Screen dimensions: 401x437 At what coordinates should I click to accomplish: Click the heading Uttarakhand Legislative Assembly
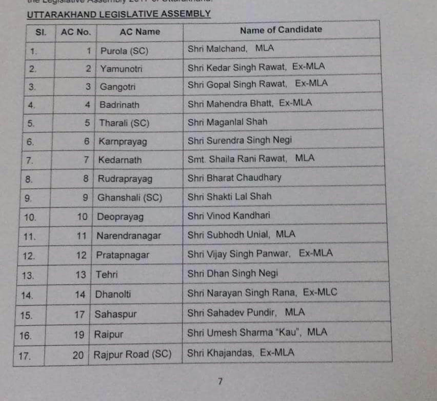(118, 14)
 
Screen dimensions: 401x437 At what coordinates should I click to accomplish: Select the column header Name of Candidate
(281, 30)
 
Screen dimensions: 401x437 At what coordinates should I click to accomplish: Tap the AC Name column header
(140, 31)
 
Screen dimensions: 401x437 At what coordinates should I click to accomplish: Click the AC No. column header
(75, 32)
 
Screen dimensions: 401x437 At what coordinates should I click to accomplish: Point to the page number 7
(220, 381)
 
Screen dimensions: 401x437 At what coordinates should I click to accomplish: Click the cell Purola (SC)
(124, 51)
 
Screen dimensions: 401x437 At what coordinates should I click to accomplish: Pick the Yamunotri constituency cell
(121, 68)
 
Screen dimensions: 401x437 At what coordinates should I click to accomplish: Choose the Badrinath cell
(120, 105)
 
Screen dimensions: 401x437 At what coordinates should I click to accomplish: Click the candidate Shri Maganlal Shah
(227, 122)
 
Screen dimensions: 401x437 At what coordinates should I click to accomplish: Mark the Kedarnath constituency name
(120, 160)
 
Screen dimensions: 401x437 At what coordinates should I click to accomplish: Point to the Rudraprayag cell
(125, 179)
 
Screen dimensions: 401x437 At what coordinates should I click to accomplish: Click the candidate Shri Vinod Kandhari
(229, 216)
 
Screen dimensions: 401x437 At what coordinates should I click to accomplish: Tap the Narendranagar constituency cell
(129, 236)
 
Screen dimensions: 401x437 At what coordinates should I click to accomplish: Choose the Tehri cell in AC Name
(107, 275)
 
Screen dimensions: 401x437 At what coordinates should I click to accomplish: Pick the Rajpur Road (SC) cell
(132, 354)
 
